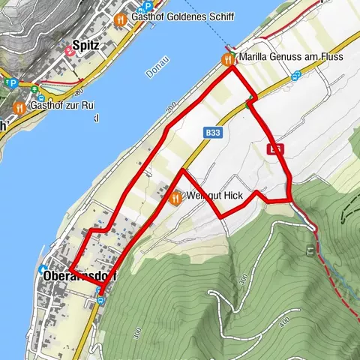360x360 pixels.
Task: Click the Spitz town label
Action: point(87,45)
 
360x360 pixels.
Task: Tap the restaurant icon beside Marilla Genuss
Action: point(227,58)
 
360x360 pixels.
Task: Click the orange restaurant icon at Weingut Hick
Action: point(175,198)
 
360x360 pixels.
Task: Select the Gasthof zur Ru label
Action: point(64,106)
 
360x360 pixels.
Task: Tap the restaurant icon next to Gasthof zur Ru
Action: point(20,106)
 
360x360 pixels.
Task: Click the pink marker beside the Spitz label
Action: point(70,50)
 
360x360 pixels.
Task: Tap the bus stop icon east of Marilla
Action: point(296,75)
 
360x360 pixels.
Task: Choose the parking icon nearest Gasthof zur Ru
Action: point(12,83)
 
